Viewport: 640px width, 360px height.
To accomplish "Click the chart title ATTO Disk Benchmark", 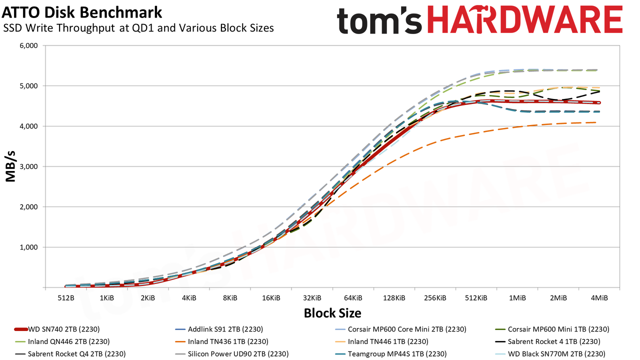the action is click(81, 12).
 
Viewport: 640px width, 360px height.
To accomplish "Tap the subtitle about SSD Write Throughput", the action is click(138, 28).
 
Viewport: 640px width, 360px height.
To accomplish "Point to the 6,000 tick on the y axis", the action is click(29, 45).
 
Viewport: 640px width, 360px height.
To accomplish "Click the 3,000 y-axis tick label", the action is click(29, 166).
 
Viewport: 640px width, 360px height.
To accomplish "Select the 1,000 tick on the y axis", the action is click(29, 247).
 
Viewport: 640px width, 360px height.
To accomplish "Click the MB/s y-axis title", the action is click(10, 166).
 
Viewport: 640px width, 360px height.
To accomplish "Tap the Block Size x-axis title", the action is click(332, 313).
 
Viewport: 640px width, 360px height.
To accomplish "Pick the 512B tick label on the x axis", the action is click(66, 298).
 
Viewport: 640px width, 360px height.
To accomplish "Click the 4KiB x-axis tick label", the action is click(189, 298).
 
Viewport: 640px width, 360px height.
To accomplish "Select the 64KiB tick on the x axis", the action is click(353, 298).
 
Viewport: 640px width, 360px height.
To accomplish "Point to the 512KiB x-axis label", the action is click(476, 298).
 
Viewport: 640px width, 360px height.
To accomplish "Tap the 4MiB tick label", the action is click(599, 298).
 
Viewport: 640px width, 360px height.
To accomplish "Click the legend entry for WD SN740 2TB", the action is click(57, 329).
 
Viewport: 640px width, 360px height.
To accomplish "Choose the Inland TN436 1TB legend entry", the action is click(221, 341).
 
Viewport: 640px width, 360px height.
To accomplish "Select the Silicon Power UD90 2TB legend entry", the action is click(231, 354).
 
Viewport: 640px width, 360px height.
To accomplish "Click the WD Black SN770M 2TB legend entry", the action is click(550, 354).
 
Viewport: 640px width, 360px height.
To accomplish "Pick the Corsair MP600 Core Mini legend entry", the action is click(400, 329).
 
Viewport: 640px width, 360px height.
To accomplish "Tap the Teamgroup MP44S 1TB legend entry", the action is click(390, 354).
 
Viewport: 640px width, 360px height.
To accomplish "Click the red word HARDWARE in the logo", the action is click(525, 19).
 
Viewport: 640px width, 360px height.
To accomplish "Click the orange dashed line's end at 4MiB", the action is click(595, 122).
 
